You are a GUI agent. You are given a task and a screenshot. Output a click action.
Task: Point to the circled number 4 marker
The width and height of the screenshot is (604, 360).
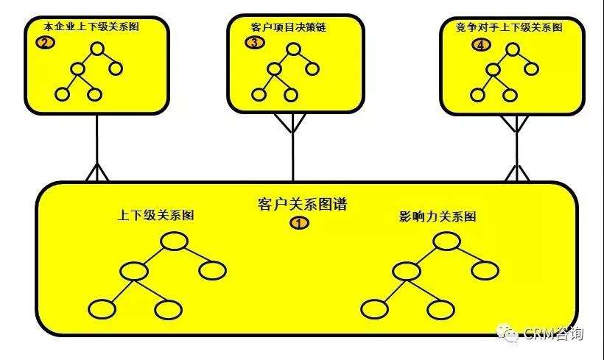[480, 44]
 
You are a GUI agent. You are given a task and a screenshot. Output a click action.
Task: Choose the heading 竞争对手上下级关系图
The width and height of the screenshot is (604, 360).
[510, 27]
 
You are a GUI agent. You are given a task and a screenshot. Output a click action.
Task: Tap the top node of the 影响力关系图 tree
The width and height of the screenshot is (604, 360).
[446, 241]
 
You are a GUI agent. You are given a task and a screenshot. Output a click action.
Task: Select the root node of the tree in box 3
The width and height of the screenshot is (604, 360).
[294, 49]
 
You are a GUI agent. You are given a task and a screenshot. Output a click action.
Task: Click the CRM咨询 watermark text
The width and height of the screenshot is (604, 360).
[554, 334]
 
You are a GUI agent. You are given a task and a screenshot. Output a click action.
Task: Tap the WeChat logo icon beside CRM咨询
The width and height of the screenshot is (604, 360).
[508, 333]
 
